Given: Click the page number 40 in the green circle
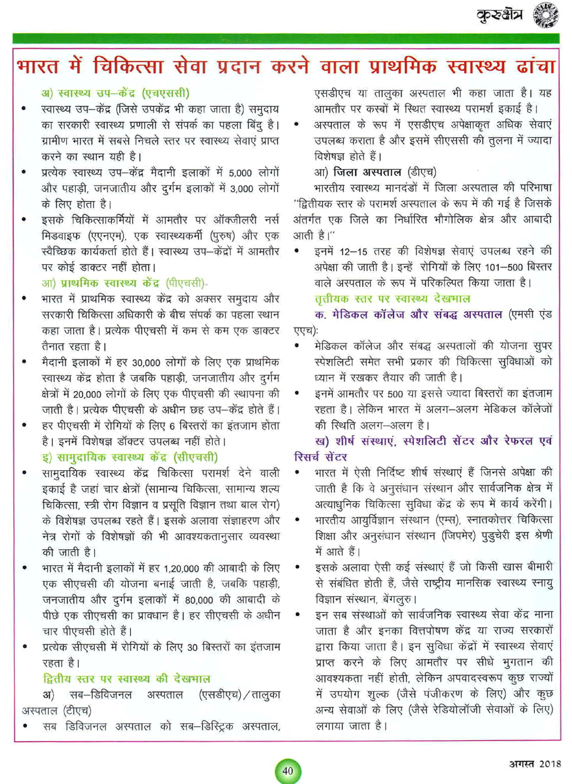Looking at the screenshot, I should [288, 770].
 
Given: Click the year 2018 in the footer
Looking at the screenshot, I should [550, 763].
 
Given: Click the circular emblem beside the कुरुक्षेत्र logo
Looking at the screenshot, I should [546, 15].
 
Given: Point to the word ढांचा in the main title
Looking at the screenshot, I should [535, 66].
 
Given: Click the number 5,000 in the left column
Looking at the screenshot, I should [240, 173].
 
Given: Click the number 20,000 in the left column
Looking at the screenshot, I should [87, 395].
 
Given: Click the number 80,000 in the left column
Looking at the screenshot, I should [198, 600].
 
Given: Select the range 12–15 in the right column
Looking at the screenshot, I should [354, 251].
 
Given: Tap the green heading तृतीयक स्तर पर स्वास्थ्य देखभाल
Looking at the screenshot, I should [392, 299].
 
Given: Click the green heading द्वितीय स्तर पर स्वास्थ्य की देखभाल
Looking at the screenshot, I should [127, 679].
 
